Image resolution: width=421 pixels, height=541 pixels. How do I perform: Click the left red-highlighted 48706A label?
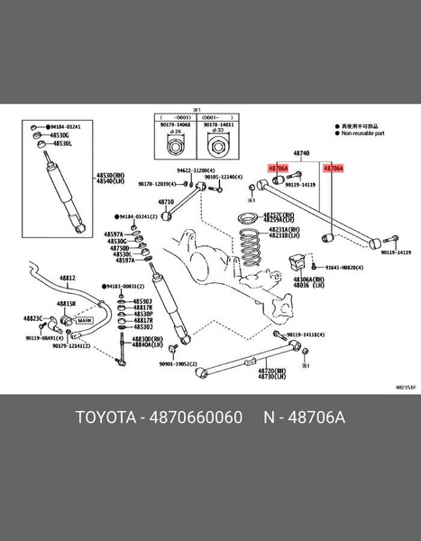(278, 168)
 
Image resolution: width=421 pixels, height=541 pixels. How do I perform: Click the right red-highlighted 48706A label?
(333, 168)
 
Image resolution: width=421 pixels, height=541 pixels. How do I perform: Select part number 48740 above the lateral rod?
(301, 154)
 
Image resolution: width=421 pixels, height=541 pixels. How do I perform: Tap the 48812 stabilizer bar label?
(68, 278)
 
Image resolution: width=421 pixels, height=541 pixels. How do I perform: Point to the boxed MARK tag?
(85, 320)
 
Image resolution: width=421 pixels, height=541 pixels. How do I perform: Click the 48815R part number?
(68, 304)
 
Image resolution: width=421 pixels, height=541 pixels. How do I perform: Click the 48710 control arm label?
(166, 202)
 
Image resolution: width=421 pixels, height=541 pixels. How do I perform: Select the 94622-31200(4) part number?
(195, 170)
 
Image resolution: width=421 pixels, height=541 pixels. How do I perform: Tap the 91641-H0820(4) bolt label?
(343, 268)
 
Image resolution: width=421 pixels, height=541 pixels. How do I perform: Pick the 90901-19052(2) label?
(178, 364)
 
